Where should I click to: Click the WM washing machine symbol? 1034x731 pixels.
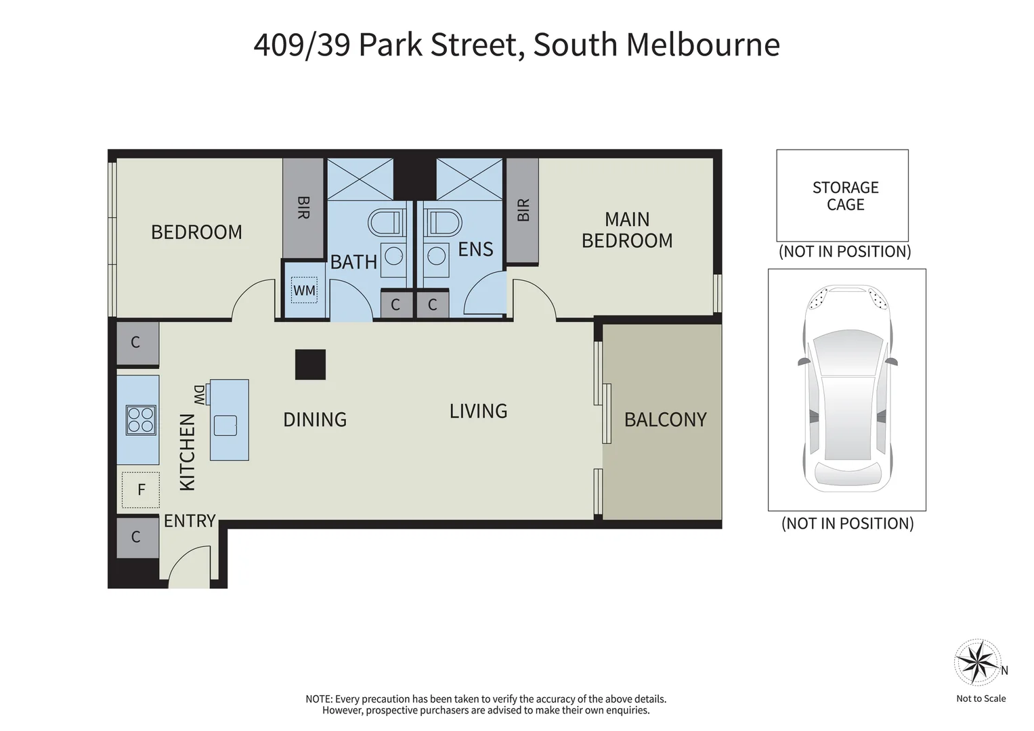coord(304,290)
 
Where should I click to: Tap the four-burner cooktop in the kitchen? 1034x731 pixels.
coord(141,420)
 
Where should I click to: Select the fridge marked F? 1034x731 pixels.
coord(141,489)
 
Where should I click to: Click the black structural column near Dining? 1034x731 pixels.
coord(310,364)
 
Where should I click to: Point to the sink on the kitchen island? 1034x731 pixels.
coord(225,425)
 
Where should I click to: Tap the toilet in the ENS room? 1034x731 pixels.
coord(444,223)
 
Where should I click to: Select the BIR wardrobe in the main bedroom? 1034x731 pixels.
coord(522,211)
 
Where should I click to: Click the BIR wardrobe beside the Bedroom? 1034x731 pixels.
coord(303,208)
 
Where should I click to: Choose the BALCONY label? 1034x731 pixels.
coord(665,420)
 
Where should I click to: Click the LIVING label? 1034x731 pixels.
coord(478,411)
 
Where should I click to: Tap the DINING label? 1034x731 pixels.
coord(315,420)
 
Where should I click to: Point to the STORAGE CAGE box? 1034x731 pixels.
coord(842,196)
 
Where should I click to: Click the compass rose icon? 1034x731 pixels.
coord(976,661)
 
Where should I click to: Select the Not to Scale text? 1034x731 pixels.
coord(981,699)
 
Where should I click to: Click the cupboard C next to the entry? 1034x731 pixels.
coord(137,537)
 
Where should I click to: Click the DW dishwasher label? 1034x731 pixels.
coord(199,395)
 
